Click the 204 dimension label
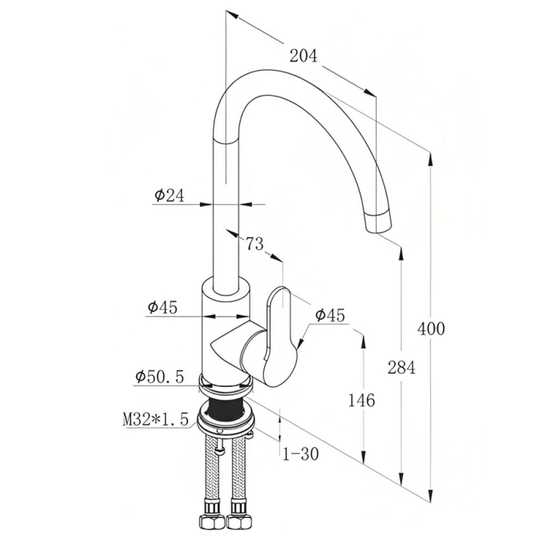pos(303,56)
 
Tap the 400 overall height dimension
pos(431,328)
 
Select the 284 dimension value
pos(401,367)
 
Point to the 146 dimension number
pos(362,401)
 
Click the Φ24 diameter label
pos(169,196)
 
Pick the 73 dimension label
pos(255,243)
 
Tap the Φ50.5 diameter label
pos(159,377)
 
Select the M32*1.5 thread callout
pos(155,418)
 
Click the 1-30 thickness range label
pos(300,454)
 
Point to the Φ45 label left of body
pos(163,307)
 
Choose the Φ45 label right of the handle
pos(330,315)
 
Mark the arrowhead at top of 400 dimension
pos(431,159)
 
